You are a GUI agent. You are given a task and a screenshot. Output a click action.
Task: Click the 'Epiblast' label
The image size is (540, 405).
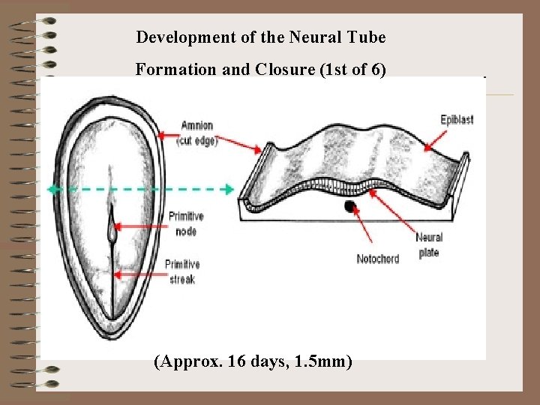[456, 120]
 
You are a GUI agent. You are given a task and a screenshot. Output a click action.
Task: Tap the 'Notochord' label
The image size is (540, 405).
[378, 259]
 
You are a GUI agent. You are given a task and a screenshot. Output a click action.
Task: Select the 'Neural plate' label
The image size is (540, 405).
[428, 245]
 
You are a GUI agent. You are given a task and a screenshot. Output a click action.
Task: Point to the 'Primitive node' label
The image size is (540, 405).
[186, 223]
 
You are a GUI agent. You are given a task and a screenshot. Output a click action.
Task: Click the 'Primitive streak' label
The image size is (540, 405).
[182, 271]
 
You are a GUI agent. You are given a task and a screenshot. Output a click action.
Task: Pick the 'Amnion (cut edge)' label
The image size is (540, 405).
[198, 133]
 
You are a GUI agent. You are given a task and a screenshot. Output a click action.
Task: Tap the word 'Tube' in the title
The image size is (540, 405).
[370, 36]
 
